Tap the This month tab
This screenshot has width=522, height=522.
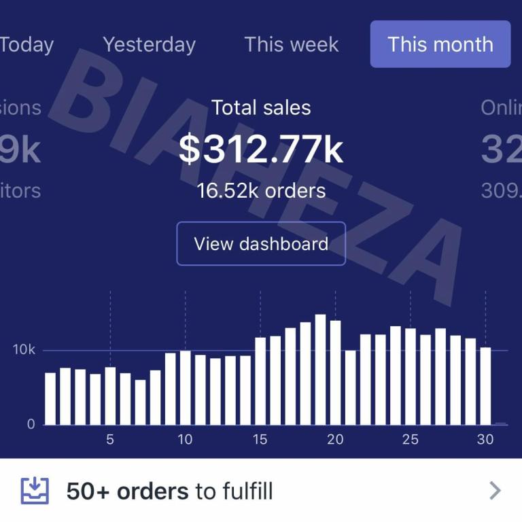pyautogui.click(x=440, y=45)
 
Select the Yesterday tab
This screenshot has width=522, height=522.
pyautogui.click(x=149, y=45)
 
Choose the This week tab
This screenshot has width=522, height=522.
pyautogui.click(x=291, y=45)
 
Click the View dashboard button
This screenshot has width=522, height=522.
pyautogui.click(x=261, y=244)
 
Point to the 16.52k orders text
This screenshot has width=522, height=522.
pyautogui.click(x=261, y=191)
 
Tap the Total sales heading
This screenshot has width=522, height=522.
pyautogui.click(x=261, y=107)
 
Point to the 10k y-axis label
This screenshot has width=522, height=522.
pyautogui.click(x=23, y=350)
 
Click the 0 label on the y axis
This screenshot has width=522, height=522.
pyautogui.click(x=31, y=424)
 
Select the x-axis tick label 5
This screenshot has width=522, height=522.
pyautogui.click(x=110, y=440)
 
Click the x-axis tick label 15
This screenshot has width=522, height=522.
pyautogui.click(x=260, y=440)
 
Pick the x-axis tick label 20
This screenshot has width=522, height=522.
pyautogui.click(x=335, y=440)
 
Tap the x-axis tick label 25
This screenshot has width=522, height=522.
pyautogui.click(x=410, y=440)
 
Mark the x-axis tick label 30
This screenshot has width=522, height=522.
pyautogui.click(x=485, y=440)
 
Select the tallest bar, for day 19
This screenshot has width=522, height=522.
pyautogui.click(x=320, y=370)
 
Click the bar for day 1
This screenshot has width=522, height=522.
pyautogui.click(x=50, y=399)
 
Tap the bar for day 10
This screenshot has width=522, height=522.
pyautogui.click(x=185, y=388)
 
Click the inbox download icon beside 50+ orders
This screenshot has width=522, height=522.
pyautogui.click(x=35, y=490)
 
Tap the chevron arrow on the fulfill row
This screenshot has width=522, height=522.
pyautogui.click(x=495, y=490)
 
